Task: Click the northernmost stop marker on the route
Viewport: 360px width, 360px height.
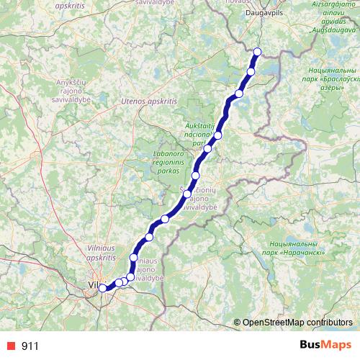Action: pos(258,51)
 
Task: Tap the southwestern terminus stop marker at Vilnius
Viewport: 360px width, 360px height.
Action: pos(102,288)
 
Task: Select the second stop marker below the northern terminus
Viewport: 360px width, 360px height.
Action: pos(239,94)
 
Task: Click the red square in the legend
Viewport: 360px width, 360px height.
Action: pos(9,346)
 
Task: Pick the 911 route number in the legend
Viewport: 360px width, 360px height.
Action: pos(30,346)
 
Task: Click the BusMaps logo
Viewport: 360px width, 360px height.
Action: pos(320,345)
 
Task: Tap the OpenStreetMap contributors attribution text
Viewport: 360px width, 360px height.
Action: pos(297,323)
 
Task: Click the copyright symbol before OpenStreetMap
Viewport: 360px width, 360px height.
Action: pos(237,323)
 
